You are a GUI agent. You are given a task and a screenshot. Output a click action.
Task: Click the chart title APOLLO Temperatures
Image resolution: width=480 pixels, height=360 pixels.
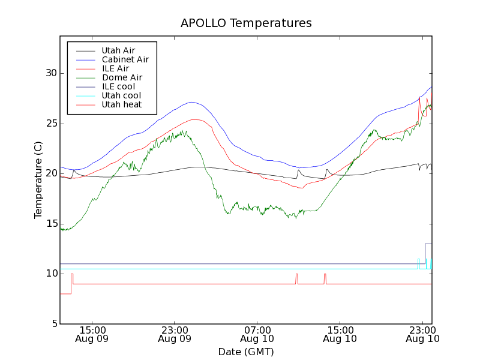pyautogui.click(x=246, y=23)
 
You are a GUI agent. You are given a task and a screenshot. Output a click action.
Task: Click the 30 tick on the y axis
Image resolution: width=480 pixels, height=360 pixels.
pyautogui.click(x=50, y=73)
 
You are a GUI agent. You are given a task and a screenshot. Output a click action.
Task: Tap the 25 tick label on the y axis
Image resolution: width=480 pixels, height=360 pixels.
pyautogui.click(x=50, y=124)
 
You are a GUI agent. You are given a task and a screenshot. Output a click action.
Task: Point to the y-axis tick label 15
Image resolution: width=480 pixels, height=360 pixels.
pyautogui.click(x=50, y=224)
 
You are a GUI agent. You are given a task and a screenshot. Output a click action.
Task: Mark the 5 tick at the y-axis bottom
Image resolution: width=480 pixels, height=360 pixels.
pyautogui.click(x=53, y=324)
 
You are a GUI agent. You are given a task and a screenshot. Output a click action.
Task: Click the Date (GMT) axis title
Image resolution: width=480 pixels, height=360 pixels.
pyautogui.click(x=246, y=352)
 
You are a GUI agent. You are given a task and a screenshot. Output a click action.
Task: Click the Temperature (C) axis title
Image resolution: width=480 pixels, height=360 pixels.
pyautogui.click(x=38, y=180)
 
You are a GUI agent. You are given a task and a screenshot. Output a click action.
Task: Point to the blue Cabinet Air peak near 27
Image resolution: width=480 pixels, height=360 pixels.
pyautogui.click(x=191, y=102)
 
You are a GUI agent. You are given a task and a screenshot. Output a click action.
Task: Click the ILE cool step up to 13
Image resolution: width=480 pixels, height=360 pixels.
pyautogui.click(x=425, y=244)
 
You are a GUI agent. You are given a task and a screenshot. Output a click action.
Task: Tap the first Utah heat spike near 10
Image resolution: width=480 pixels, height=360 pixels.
pyautogui.click(x=72, y=274)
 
